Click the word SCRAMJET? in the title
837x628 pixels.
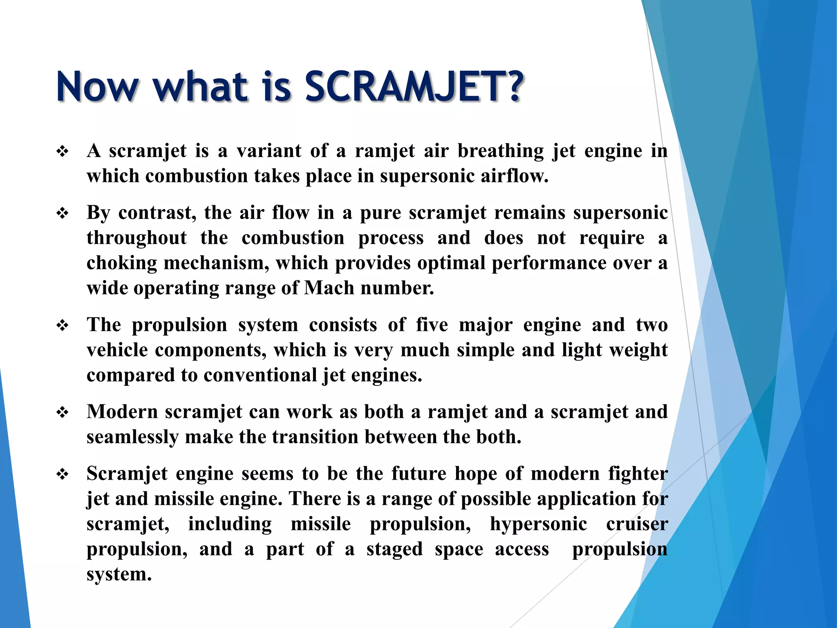(414, 87)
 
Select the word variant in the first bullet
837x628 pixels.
(269, 151)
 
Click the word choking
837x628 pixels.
(121, 263)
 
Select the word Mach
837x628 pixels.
(329, 288)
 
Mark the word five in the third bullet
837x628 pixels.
(432, 325)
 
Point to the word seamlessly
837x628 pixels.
(132, 437)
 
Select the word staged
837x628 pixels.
(394, 549)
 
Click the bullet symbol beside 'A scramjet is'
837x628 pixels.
(63, 152)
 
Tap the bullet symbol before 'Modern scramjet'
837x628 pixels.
(63, 413)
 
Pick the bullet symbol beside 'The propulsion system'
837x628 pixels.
(63, 326)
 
